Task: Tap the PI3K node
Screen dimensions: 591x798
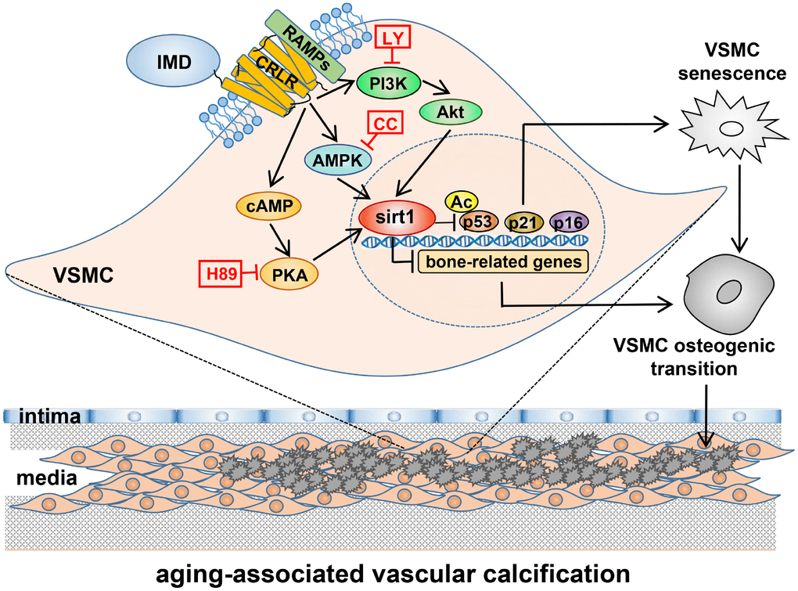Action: pyautogui.click(x=390, y=81)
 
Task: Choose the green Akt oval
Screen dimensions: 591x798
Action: pyautogui.click(x=451, y=112)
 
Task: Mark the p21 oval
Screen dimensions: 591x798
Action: pyautogui.click(x=523, y=222)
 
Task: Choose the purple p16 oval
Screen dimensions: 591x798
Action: pyautogui.click(x=570, y=222)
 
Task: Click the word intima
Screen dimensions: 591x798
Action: pyautogui.click(x=48, y=418)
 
